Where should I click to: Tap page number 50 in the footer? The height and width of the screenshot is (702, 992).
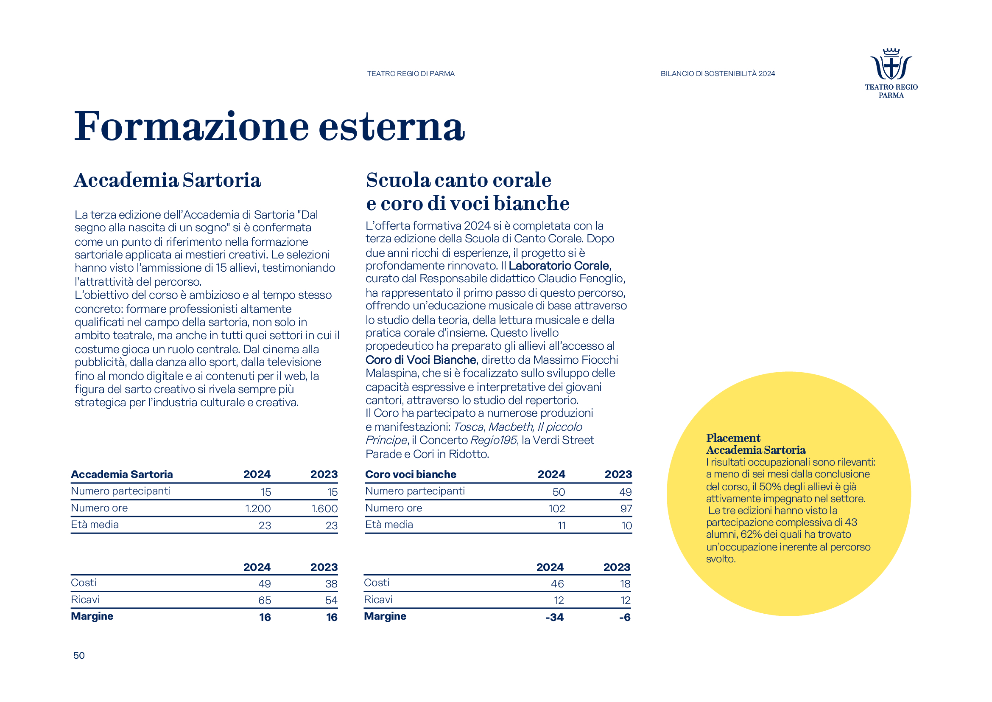[79, 655]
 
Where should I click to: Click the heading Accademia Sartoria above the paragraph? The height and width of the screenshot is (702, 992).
[168, 180]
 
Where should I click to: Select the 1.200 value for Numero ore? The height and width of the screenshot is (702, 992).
[258, 509]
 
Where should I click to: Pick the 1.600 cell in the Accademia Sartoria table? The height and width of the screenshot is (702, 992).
[324, 509]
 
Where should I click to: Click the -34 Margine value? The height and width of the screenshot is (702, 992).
[554, 617]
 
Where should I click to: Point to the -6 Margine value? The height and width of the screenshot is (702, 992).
[625, 617]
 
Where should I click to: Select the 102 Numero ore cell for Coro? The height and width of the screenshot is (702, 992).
[557, 509]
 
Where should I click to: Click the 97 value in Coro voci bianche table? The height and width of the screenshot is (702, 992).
[626, 509]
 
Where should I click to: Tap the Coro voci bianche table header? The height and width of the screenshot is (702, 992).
[411, 474]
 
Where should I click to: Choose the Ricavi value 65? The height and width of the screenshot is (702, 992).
[264, 601]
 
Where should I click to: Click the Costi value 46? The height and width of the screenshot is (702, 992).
[557, 584]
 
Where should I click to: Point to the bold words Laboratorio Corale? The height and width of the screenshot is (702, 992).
[559, 265]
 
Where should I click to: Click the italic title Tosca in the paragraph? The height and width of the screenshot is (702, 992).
[468, 427]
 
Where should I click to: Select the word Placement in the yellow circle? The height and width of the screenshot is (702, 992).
[733, 438]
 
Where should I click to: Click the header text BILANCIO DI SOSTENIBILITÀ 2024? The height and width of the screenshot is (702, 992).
[718, 74]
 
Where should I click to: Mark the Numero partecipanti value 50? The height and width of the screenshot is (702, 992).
[559, 492]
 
